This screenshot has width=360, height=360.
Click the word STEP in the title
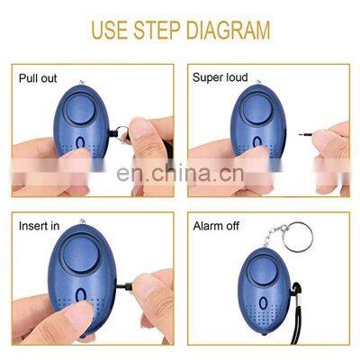pos(162,31)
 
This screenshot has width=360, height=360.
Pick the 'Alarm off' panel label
pos(216,225)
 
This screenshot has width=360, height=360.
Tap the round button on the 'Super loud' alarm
pos(252,104)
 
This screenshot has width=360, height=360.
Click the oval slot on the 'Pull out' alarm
pos(82,146)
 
